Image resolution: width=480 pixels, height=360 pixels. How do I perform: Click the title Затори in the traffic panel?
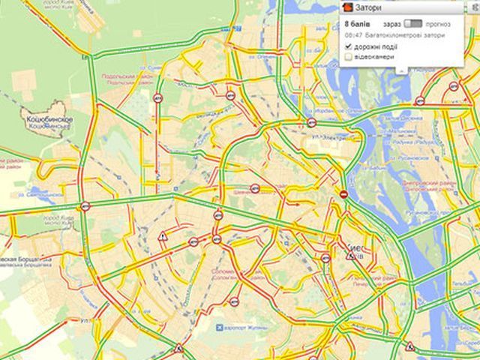(x=367, y=7)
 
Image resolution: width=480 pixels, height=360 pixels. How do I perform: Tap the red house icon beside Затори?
(x=347, y=7)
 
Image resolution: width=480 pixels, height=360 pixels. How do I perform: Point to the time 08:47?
(x=353, y=34)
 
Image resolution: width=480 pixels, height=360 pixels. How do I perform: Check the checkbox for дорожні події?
(x=349, y=46)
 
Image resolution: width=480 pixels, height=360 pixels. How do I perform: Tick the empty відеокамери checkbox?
(x=349, y=56)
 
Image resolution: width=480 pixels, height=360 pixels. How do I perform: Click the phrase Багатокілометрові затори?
(x=404, y=34)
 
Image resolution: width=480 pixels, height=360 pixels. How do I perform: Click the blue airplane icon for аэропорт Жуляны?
(x=219, y=327)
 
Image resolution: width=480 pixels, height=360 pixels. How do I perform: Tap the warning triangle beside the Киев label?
(x=350, y=255)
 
